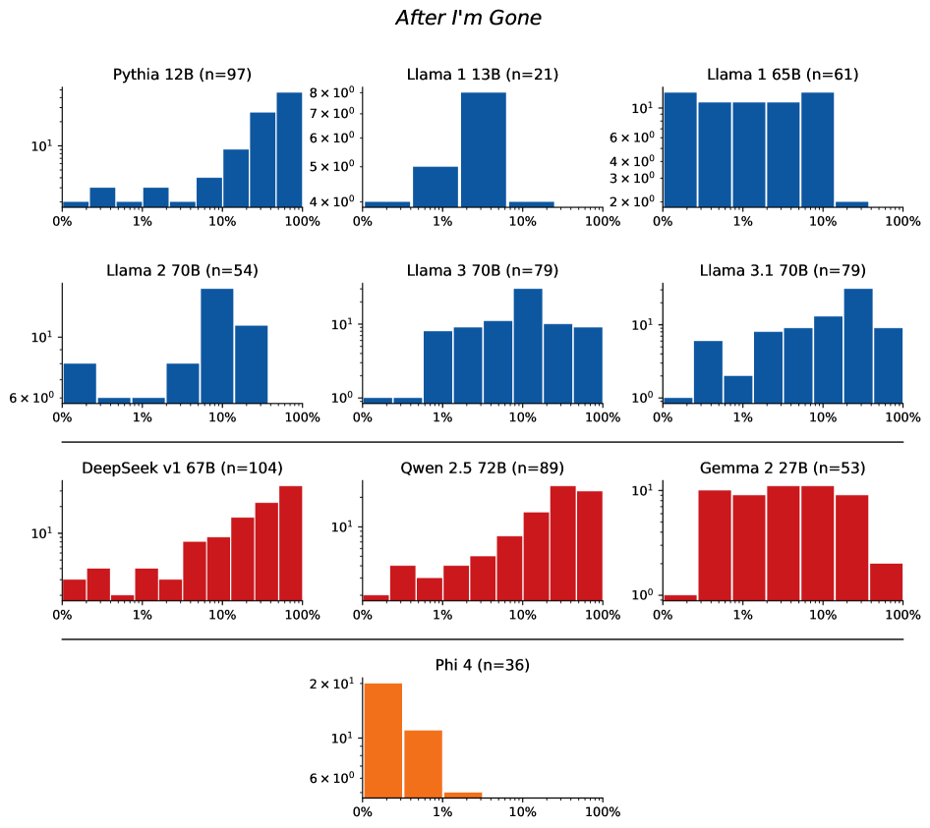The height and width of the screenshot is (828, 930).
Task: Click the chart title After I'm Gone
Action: click(468, 18)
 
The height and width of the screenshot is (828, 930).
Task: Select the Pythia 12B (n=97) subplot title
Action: click(182, 75)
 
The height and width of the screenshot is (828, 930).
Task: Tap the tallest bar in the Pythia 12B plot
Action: click(289, 149)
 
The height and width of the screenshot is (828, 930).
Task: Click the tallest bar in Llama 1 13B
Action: click(483, 149)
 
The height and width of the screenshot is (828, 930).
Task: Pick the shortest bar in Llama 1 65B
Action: click(851, 204)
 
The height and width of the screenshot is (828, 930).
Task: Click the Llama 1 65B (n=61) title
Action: click(783, 75)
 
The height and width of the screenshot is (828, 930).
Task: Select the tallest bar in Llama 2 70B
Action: click(216, 346)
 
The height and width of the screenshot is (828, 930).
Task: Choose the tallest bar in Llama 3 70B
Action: click(528, 346)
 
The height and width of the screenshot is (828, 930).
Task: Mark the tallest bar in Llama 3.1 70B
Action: click(858, 346)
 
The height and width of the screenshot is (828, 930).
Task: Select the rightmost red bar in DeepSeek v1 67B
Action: click(290, 542)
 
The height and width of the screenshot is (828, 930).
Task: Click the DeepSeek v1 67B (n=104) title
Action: click(182, 469)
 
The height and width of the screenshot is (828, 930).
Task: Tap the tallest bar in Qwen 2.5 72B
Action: click(562, 542)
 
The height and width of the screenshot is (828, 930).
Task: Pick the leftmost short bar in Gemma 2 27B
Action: click(679, 597)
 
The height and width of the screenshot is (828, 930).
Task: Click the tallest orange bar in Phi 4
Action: click(382, 740)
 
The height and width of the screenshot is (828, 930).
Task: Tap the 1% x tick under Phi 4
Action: click(442, 812)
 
